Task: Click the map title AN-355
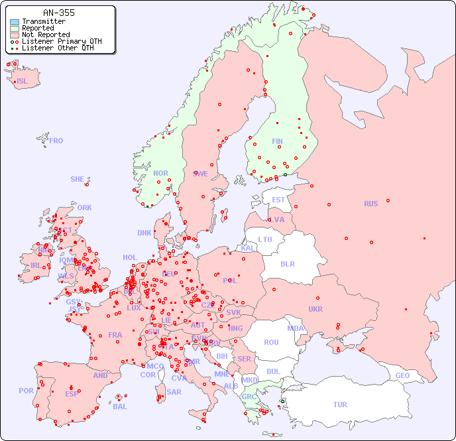coord(58,13)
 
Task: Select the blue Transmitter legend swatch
coord(15,22)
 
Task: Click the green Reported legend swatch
coord(15,29)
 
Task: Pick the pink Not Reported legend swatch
coord(15,34)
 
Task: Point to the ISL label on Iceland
coord(23,82)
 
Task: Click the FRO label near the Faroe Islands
coord(56,141)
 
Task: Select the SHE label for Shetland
coord(78,179)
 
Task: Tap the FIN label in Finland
coord(277,141)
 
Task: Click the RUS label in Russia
coord(370,204)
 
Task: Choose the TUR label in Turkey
coord(340,405)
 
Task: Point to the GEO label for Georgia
coord(402,375)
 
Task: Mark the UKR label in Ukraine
coord(315,309)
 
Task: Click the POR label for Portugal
coord(26,391)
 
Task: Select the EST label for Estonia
coord(278,200)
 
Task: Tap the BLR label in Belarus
coord(288,263)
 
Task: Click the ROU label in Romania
coord(271,342)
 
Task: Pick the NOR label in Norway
coord(160,173)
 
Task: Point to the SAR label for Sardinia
coord(174,392)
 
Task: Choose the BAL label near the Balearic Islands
coord(120,407)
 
